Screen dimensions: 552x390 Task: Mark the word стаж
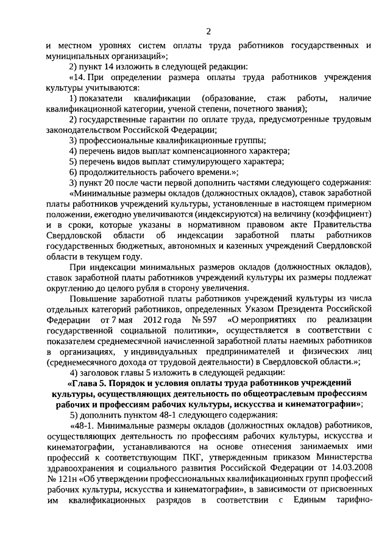pos(277,98)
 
